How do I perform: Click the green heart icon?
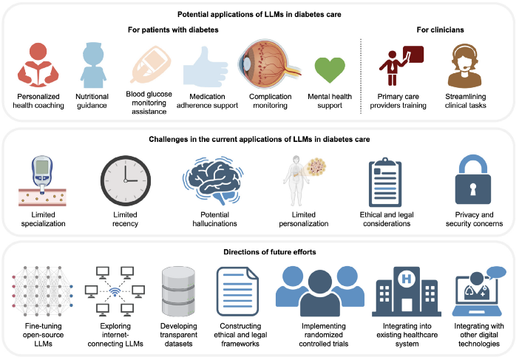click(330, 69)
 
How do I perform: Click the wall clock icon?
click(126, 180)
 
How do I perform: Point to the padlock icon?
click(473, 180)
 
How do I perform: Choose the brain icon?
click(213, 180)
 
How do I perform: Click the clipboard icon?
click(385, 182)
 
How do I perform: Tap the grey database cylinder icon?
click(178, 291)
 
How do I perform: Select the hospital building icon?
click(407, 291)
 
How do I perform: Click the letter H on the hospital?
click(407, 279)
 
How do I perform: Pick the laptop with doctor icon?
click(479, 291)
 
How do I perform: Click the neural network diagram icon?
click(42, 291)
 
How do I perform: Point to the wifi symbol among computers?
click(115, 291)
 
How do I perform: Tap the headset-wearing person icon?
click(464, 66)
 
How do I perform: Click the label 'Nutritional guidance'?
click(92, 101)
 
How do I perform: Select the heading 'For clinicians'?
click(440, 30)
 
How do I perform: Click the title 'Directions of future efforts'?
click(269, 252)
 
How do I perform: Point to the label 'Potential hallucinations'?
click(215, 219)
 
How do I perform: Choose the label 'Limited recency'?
click(125, 219)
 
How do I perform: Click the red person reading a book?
click(38, 65)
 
